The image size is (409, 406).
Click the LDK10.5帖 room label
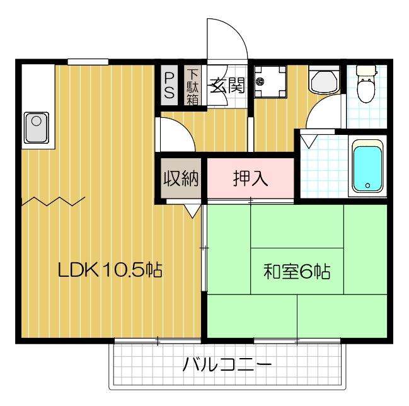(110, 272)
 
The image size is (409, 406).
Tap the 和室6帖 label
(297, 272)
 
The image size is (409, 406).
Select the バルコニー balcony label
(228, 365)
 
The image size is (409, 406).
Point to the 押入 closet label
(251, 179)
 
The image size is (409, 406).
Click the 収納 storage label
(181, 179)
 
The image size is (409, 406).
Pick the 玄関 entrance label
(227, 85)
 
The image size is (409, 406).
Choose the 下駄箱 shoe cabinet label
(192, 86)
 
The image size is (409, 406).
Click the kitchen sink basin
(36, 127)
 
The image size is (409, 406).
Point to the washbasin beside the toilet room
(324, 82)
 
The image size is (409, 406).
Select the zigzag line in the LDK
(54, 202)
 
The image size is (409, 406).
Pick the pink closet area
(251, 178)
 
